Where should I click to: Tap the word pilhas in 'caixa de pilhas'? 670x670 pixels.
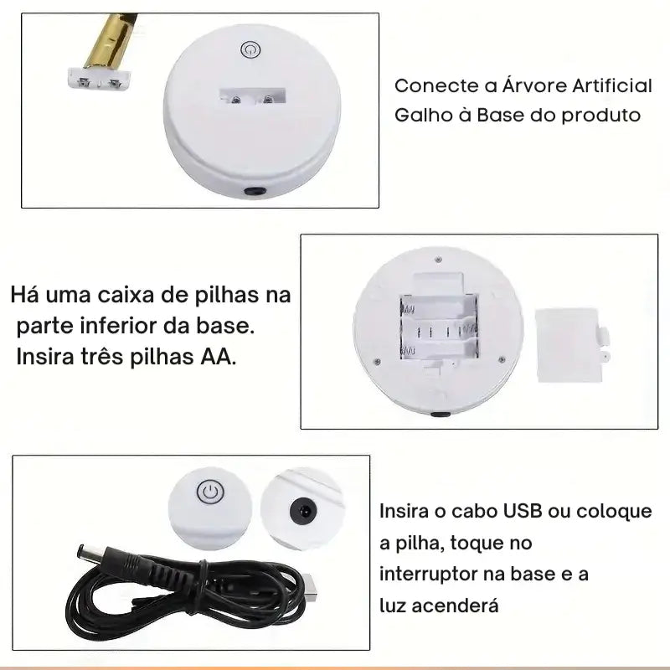227,296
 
